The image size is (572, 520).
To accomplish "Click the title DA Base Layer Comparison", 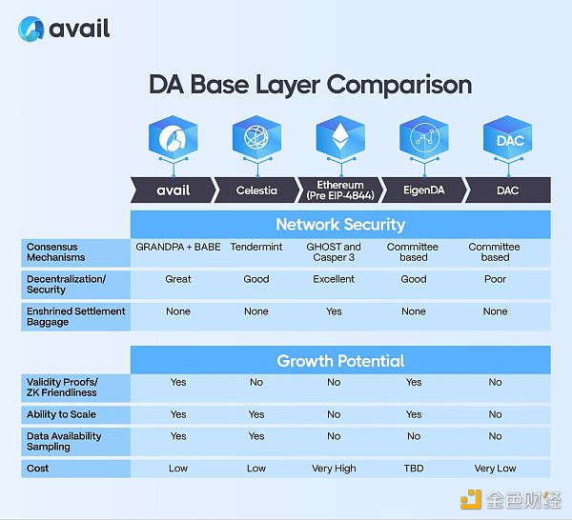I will pyautogui.click(x=310, y=85).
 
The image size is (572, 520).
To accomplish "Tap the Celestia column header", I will pyautogui.click(x=256, y=190).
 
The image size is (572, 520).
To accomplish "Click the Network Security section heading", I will pyautogui.click(x=340, y=225).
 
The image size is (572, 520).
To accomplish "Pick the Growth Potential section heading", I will pyautogui.click(x=340, y=361).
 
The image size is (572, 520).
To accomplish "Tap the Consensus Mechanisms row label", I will pyautogui.click(x=56, y=251).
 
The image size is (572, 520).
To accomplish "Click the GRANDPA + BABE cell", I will pyautogui.click(x=178, y=247).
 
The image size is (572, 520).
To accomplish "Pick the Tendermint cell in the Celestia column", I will pyautogui.click(x=256, y=247).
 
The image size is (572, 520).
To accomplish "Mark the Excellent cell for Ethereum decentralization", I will pyautogui.click(x=334, y=279).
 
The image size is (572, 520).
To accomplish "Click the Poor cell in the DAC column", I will pyautogui.click(x=495, y=279).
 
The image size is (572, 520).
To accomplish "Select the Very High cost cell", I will pyautogui.click(x=335, y=468).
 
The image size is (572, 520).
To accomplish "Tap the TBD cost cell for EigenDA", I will pyautogui.click(x=414, y=468).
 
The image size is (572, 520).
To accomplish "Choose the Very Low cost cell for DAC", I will pyautogui.click(x=495, y=468).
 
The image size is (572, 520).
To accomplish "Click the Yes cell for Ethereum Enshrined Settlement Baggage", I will pyautogui.click(x=334, y=311).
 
